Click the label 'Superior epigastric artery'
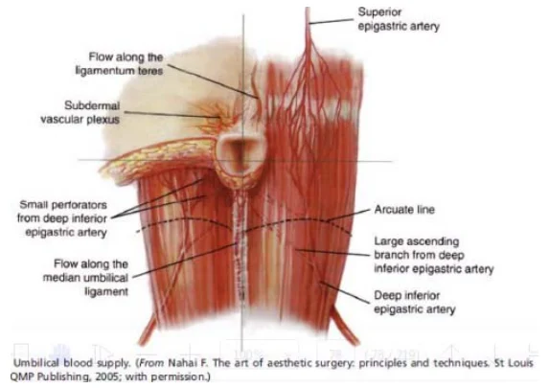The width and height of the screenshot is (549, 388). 399,19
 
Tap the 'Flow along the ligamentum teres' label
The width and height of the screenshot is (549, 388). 120,64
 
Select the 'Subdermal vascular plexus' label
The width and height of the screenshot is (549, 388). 80,112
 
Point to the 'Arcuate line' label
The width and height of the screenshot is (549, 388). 404,210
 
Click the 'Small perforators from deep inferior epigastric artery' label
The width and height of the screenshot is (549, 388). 62,218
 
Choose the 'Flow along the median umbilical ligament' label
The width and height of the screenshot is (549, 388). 86,278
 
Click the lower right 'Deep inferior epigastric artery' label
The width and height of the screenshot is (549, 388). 415,302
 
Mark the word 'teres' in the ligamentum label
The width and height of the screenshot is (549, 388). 149,71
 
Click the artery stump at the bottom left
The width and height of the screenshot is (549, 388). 149,330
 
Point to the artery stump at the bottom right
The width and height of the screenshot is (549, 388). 345,326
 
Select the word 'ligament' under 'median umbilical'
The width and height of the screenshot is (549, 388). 106,291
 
